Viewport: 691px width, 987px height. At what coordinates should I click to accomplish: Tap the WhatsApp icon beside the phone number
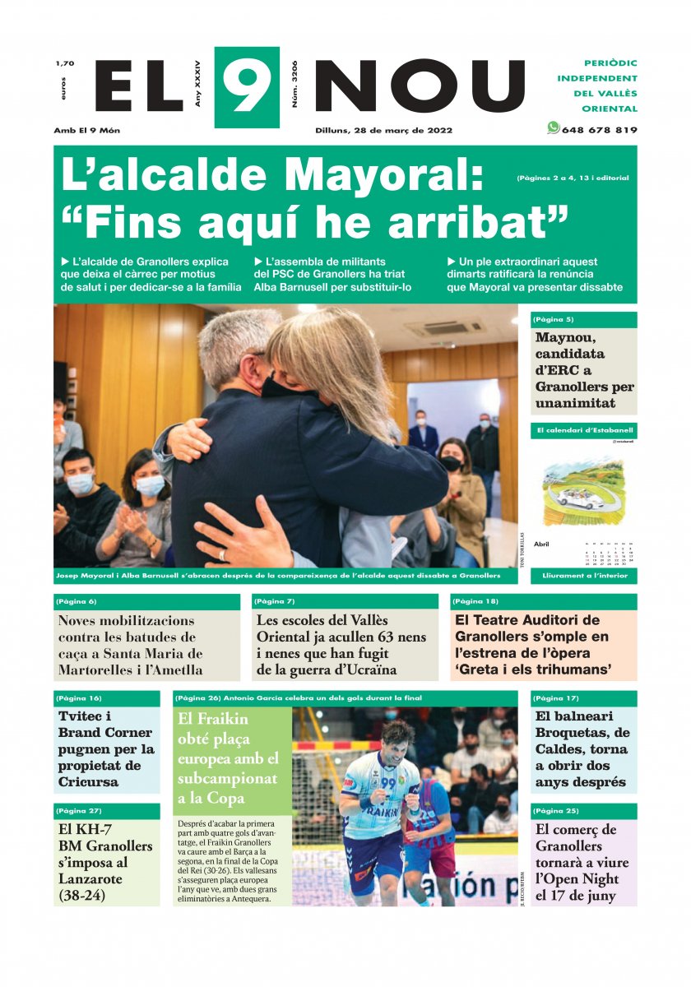(553, 128)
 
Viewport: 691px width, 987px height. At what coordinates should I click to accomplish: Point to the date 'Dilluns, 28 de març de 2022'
(383, 130)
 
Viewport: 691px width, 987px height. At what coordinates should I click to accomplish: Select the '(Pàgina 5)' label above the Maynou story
(554, 319)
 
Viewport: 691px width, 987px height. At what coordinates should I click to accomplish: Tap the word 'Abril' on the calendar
(542, 544)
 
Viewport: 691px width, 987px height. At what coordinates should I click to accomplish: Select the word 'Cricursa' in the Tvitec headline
(89, 781)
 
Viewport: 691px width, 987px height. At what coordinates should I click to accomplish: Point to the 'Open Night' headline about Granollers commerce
(575, 878)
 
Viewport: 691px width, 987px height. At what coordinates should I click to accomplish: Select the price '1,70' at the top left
(64, 64)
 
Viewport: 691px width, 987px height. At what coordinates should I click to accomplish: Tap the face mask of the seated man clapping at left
(81, 484)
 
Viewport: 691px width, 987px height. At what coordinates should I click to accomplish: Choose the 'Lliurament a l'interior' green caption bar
(583, 577)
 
